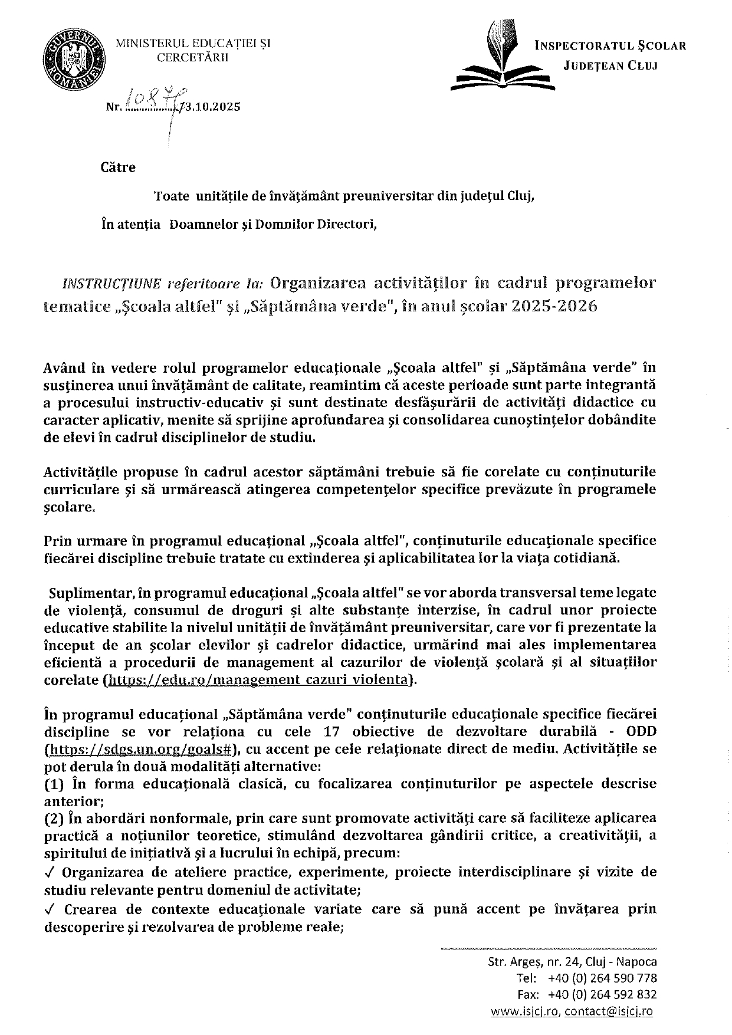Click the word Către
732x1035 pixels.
[x=118, y=167]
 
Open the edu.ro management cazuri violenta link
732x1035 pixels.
[x=257, y=679]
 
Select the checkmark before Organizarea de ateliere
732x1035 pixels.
[x=49, y=872]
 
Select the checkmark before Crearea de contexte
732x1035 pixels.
[x=49, y=909]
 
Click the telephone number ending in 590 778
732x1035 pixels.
[x=602, y=978]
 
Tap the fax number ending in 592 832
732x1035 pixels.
[x=602, y=995]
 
